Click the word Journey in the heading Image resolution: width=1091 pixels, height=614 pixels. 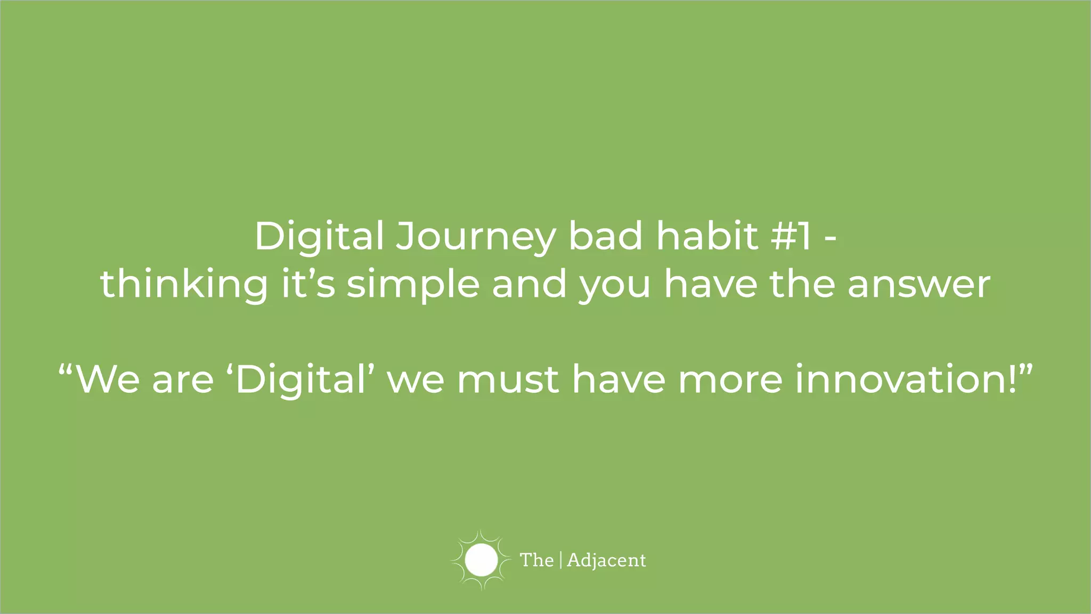(475, 237)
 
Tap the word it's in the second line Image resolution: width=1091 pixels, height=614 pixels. (308, 284)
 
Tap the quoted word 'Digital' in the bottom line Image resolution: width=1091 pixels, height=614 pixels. (301, 380)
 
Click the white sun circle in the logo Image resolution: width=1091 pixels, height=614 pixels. (481, 560)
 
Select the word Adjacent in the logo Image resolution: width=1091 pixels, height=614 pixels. (606, 561)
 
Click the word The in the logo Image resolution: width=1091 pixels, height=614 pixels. (536, 560)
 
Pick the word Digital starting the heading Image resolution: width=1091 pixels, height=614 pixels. (319, 237)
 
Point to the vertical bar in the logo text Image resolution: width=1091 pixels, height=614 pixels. (561, 560)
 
